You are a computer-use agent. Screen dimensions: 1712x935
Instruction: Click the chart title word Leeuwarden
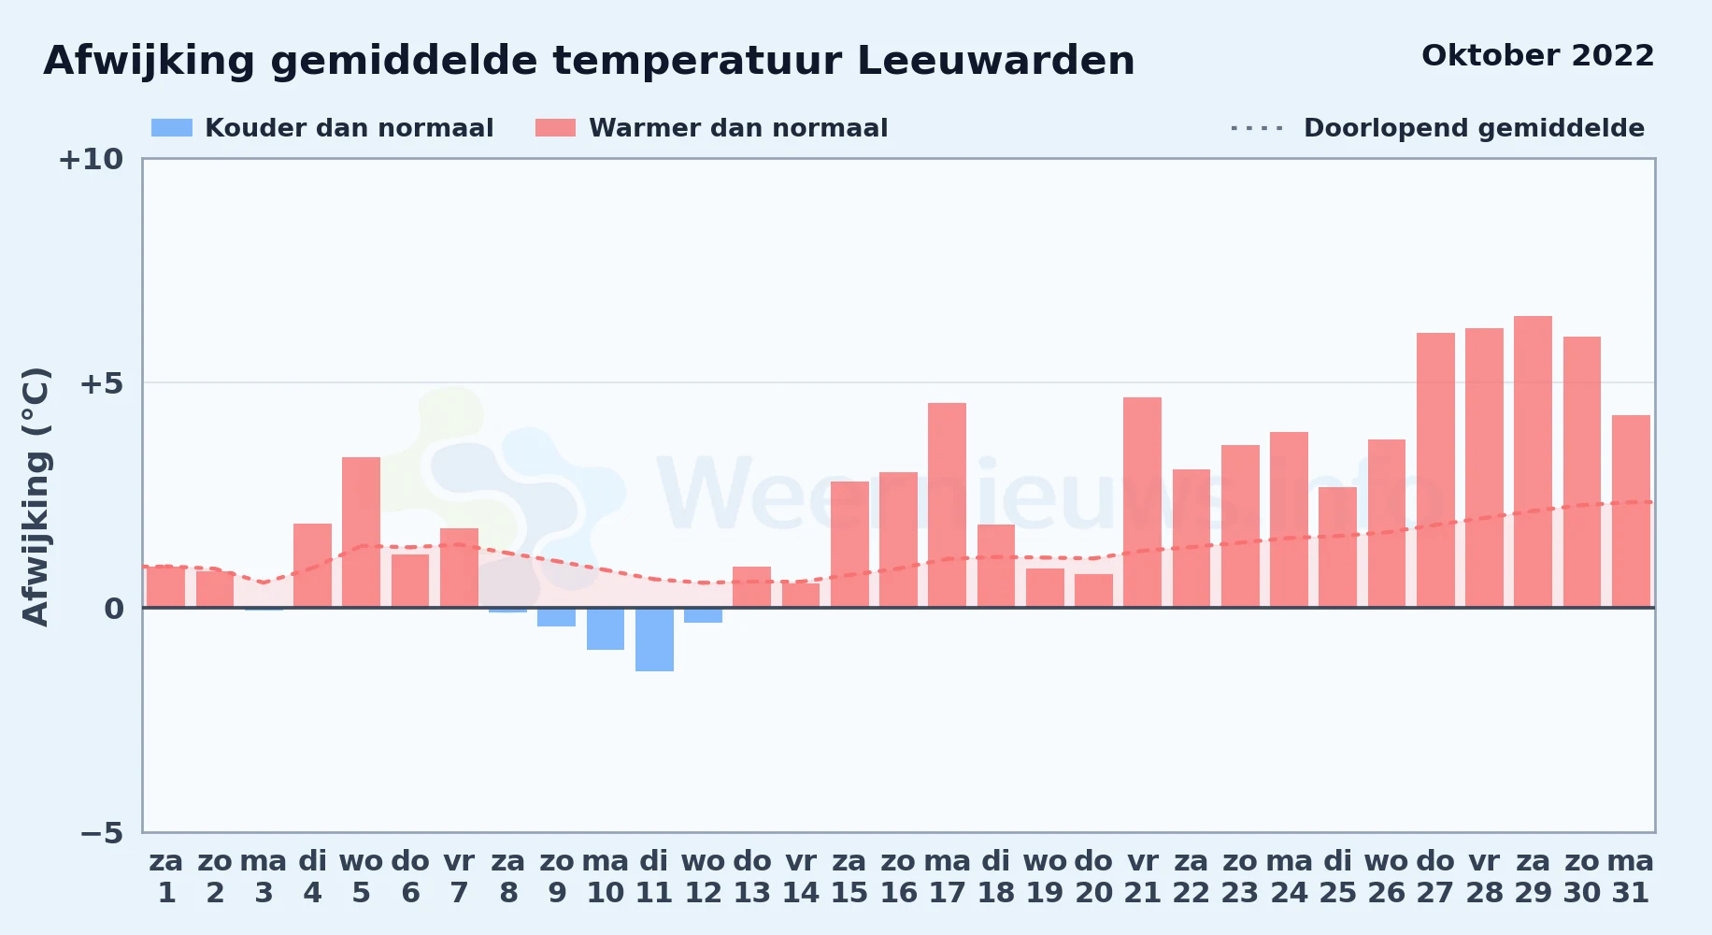pos(995,61)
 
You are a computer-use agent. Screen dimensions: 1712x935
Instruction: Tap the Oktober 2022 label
pos(1537,56)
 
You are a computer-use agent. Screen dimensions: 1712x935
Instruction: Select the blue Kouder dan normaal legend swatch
pos(172,128)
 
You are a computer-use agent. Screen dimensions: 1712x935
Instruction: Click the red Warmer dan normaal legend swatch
pos(555,128)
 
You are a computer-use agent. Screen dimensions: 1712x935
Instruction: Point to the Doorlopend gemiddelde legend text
pos(1474,128)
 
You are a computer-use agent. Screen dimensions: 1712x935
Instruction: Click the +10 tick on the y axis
pos(91,160)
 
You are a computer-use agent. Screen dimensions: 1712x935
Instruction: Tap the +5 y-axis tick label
pos(101,383)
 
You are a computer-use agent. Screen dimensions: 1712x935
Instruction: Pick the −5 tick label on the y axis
pos(101,832)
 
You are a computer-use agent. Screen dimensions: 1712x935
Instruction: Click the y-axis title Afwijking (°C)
pos(36,496)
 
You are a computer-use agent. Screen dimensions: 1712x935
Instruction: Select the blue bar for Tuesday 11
pos(654,640)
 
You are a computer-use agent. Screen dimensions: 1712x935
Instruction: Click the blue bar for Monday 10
pos(606,628)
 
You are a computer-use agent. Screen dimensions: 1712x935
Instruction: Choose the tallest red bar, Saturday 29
pos(1533,462)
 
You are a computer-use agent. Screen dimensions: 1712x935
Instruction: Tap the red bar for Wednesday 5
pos(361,532)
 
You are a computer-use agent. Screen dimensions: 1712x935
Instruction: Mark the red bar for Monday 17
pos(947,505)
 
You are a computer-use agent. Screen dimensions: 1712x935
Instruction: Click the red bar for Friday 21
pos(1142,502)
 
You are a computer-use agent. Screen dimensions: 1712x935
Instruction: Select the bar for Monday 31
pos(1631,511)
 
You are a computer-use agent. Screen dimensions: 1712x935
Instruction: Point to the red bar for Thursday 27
pos(1435,470)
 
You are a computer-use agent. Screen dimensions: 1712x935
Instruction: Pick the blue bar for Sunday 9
pos(556,617)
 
